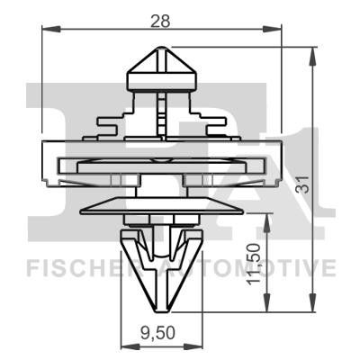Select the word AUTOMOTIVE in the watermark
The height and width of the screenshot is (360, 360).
click(261, 268)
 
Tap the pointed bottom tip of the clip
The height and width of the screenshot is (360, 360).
click(162, 304)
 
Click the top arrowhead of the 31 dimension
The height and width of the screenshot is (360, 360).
click(312, 51)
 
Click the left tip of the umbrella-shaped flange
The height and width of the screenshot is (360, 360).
click(81, 210)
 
